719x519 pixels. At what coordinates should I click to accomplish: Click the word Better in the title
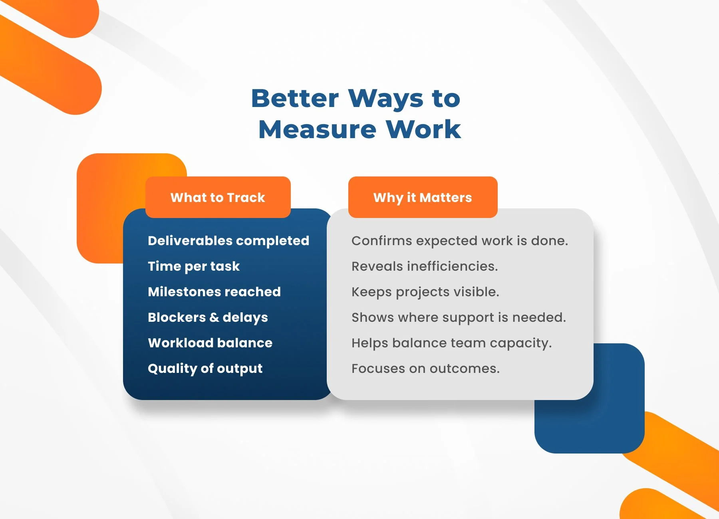295,98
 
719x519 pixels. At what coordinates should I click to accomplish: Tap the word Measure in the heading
318,129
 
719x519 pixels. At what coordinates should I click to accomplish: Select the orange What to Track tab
218,197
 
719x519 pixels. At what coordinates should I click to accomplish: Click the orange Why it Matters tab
423,197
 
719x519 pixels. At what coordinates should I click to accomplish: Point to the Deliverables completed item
228,241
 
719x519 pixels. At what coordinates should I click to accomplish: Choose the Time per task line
194,266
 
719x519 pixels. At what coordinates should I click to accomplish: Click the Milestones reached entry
214,292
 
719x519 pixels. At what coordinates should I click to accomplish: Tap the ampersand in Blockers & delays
214,317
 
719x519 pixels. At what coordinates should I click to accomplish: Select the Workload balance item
210,343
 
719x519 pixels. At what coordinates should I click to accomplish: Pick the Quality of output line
205,368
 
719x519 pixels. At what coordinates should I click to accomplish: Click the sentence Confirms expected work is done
460,241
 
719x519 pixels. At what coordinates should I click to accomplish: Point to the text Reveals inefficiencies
425,266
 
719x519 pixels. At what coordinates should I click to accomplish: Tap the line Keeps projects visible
425,292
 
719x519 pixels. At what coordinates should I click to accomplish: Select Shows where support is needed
459,317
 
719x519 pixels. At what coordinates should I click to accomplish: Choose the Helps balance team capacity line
451,343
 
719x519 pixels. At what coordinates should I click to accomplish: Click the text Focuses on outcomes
425,368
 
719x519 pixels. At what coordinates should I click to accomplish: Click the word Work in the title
423,129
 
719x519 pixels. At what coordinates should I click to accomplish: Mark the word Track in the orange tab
246,198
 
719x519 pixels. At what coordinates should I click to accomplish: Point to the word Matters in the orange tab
446,198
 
